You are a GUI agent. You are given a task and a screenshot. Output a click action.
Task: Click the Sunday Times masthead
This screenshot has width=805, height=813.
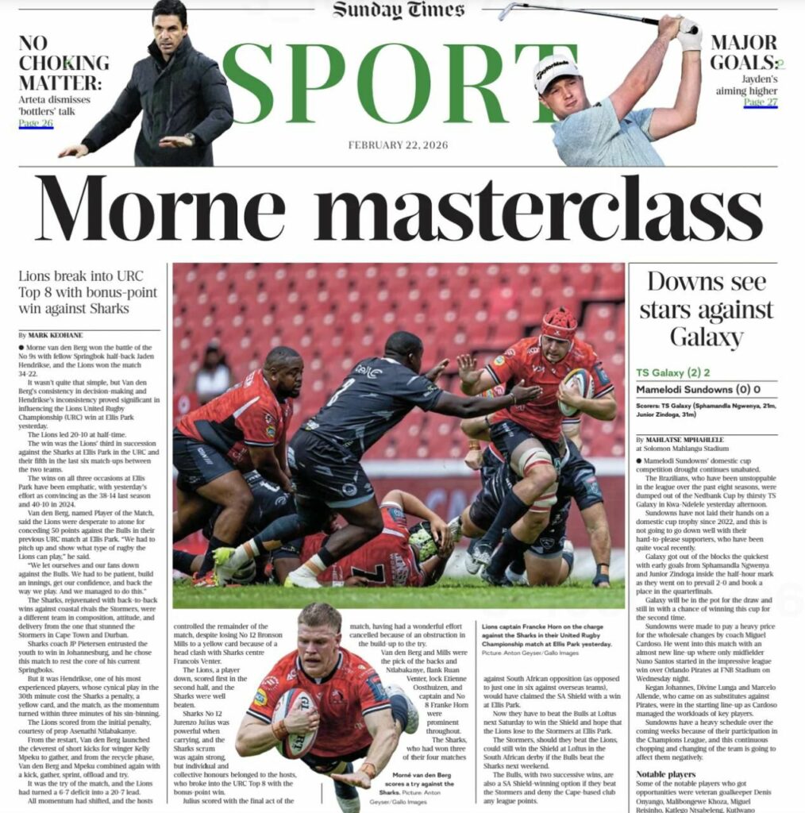tap(399, 10)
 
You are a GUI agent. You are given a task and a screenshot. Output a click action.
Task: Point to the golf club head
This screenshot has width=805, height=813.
tap(505, 11)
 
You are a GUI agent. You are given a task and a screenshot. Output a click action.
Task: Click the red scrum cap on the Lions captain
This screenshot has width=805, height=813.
tap(560, 322)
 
